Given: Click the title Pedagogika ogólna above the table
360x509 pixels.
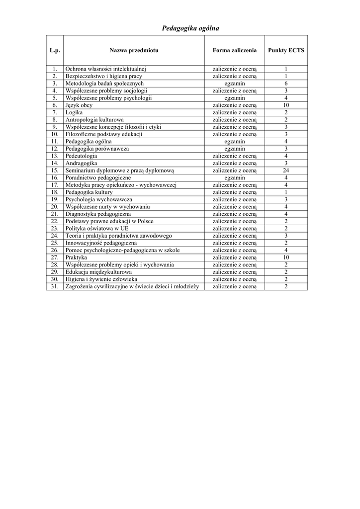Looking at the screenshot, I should click(x=190, y=28).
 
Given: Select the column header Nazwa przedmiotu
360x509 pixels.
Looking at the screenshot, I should click(x=134, y=50).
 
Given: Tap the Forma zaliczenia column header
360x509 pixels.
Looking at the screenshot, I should click(x=235, y=50).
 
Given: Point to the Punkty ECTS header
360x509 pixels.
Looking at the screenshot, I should click(x=286, y=50).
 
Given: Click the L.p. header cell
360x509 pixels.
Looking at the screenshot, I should click(x=55, y=50).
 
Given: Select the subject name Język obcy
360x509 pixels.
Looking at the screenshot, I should click(x=79, y=105).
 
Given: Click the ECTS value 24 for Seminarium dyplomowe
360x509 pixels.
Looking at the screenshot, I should click(x=286, y=170).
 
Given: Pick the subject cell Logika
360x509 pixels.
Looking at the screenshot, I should click(x=74, y=113).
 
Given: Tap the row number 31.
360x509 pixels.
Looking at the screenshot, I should click(x=55, y=286).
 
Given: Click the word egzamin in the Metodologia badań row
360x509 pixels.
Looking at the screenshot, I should click(x=235, y=84).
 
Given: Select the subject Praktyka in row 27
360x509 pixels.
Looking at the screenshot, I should click(x=76, y=257).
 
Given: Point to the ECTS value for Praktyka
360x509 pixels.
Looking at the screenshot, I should click(x=286, y=257).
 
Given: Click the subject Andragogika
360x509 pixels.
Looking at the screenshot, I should click(x=81, y=163).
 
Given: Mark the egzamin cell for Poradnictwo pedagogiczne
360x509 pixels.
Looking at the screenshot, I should click(x=235, y=177).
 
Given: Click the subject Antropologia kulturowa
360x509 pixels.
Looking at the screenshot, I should click(x=94, y=120).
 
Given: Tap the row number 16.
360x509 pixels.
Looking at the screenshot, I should click(x=55, y=177).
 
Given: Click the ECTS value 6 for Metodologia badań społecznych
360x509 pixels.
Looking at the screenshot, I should click(x=286, y=84).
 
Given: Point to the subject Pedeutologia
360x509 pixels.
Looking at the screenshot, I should click(x=82, y=156).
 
